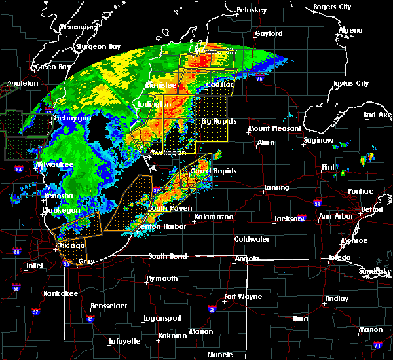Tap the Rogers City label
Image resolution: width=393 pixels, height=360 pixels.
click(331, 7)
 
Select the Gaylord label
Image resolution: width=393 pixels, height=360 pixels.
click(269, 33)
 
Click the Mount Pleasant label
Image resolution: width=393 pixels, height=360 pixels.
click(274, 129)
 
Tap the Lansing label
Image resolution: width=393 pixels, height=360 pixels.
click(276, 188)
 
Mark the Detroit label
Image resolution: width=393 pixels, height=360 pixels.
click(372, 210)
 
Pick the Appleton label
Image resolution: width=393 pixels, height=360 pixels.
click(20, 84)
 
